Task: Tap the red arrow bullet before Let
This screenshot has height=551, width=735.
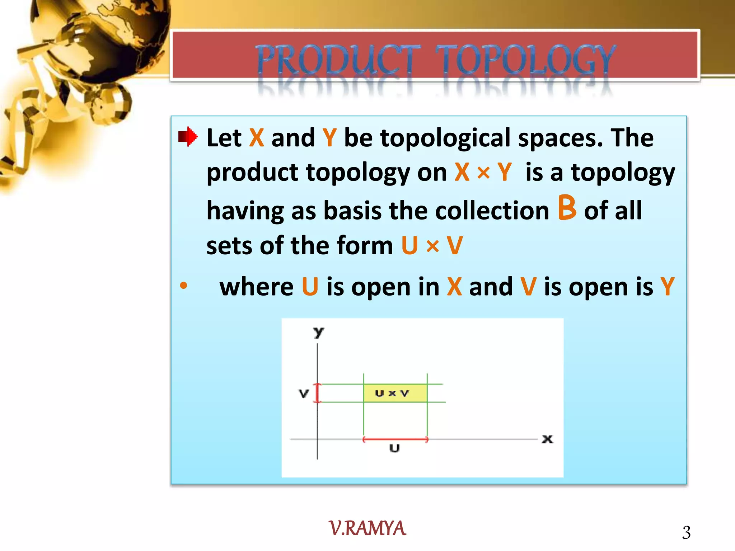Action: (188, 137)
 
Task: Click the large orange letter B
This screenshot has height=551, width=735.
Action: (567, 208)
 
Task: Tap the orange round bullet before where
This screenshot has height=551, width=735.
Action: (183, 286)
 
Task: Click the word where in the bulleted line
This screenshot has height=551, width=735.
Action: (256, 287)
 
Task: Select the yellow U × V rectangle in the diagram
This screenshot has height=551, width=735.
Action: (395, 393)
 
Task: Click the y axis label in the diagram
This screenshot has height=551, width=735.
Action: (318, 332)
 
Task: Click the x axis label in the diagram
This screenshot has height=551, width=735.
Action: (547, 439)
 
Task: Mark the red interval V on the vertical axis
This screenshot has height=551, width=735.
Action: (317, 393)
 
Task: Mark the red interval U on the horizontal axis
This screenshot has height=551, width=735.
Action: (395, 439)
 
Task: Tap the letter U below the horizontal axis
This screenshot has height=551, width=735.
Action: (394, 448)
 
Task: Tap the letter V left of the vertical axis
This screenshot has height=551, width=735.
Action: (304, 394)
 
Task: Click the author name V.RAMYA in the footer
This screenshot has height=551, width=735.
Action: (367, 528)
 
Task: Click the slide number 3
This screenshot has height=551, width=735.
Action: (686, 533)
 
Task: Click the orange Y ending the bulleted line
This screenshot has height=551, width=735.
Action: (668, 287)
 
